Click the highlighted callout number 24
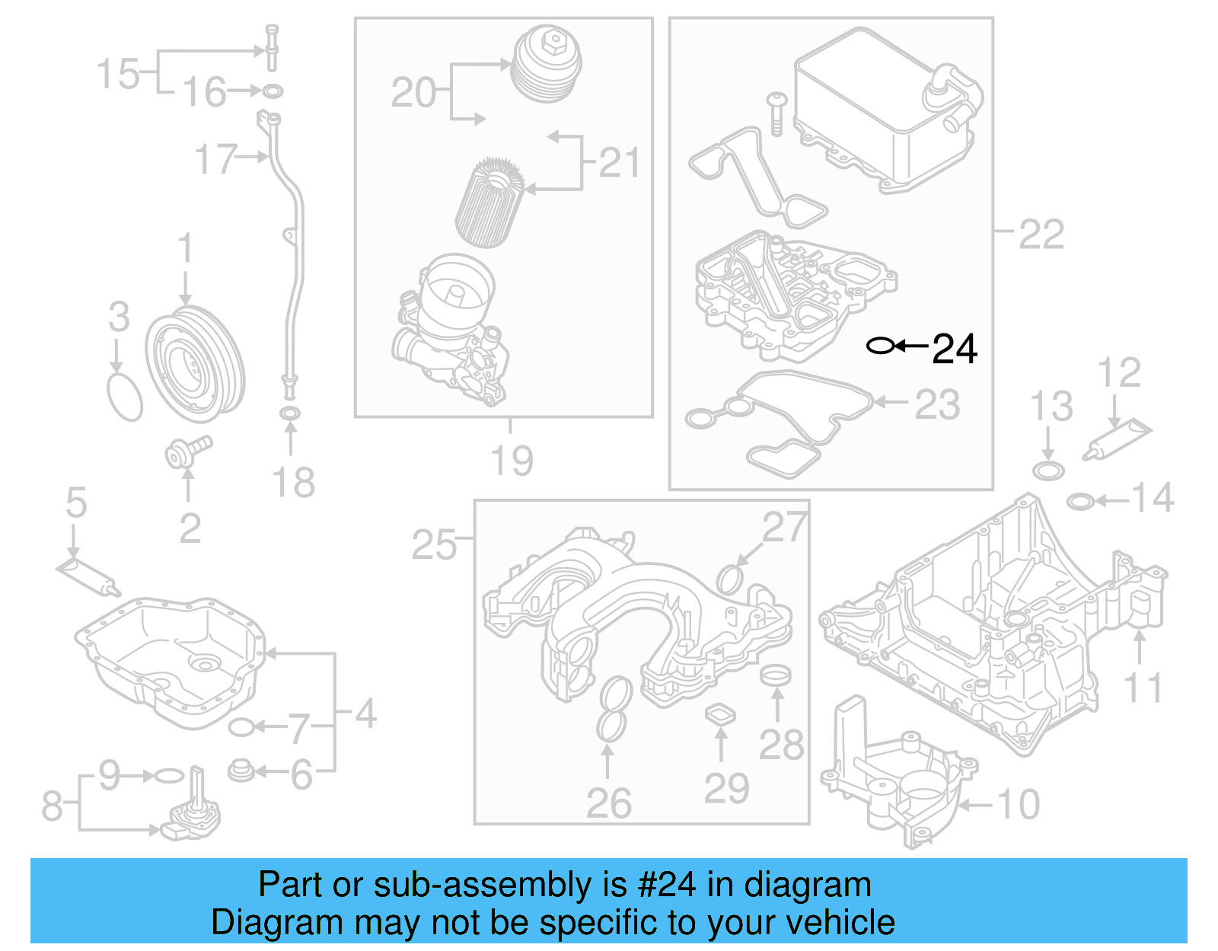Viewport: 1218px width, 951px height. coord(954,349)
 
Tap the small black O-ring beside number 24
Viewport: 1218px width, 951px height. coord(880,346)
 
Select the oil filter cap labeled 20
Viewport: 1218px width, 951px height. coord(547,64)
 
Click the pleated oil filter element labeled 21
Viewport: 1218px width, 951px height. coord(489,202)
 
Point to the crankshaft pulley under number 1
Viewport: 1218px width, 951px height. coord(194,364)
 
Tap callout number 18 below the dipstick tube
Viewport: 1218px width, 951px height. coord(293,483)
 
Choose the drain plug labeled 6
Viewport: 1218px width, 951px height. coord(241,771)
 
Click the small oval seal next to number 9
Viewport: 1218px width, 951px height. coord(169,776)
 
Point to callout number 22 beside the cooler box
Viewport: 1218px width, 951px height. coord(1041,234)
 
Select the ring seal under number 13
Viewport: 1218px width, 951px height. coord(1048,470)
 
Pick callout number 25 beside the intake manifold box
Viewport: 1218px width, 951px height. coord(434,544)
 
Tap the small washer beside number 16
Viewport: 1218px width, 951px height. coord(273,92)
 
